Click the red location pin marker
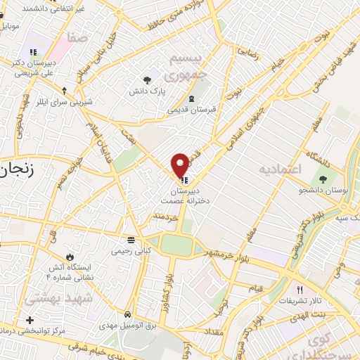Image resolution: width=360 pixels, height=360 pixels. coord(180,165)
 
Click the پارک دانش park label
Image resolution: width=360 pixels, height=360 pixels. coord(147,91)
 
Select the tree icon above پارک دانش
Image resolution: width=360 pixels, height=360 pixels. coord(147,80)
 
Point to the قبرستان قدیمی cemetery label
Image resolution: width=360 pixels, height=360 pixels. coord(191,110)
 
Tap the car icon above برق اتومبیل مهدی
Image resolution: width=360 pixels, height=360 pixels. coord(127,314)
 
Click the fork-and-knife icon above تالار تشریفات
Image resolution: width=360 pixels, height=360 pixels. coord(300,290)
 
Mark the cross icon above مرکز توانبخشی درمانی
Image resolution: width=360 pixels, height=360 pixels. coord(30,321)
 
